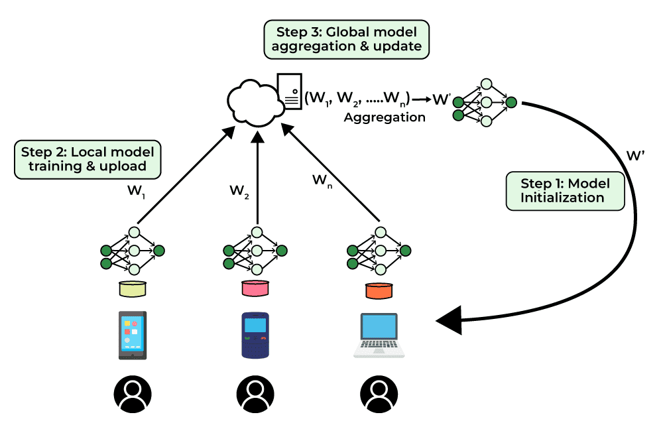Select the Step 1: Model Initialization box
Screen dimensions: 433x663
(564, 191)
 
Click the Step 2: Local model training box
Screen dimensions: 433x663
(88, 158)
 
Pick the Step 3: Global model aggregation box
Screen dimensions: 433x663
(346, 39)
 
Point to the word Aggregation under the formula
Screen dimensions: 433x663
(385, 117)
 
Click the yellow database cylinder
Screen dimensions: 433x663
(133, 288)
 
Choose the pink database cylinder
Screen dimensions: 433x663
(255, 289)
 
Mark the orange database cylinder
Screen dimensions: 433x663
(379, 289)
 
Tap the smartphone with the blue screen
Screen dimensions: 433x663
(133, 335)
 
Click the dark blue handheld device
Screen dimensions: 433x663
(255, 336)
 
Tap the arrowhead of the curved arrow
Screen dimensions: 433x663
(451, 321)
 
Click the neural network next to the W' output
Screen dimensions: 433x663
(485, 103)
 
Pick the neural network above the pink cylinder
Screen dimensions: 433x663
(255, 251)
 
